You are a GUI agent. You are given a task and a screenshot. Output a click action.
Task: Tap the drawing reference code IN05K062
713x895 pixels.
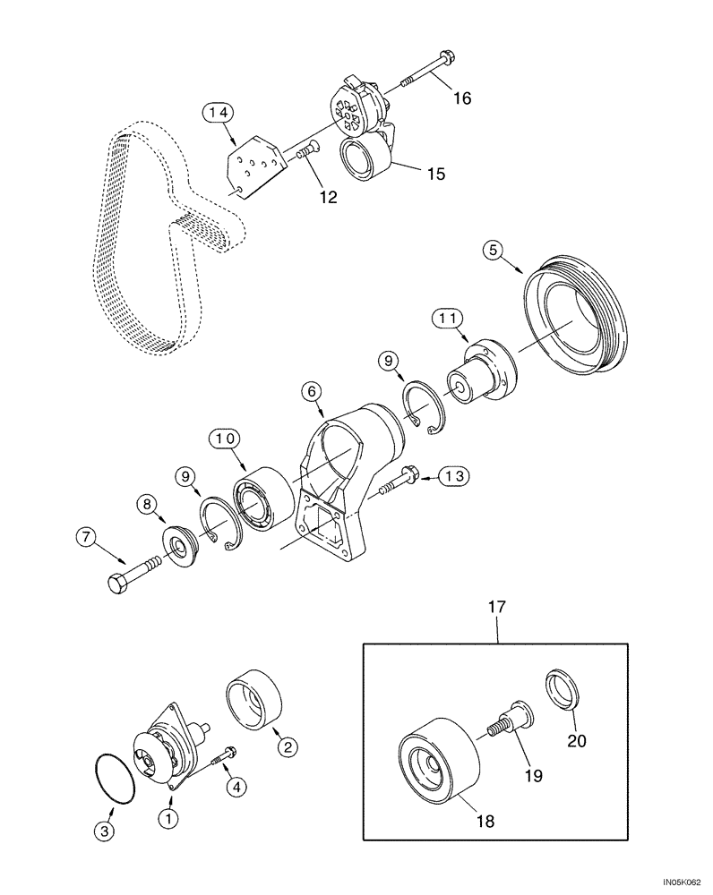(680, 881)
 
